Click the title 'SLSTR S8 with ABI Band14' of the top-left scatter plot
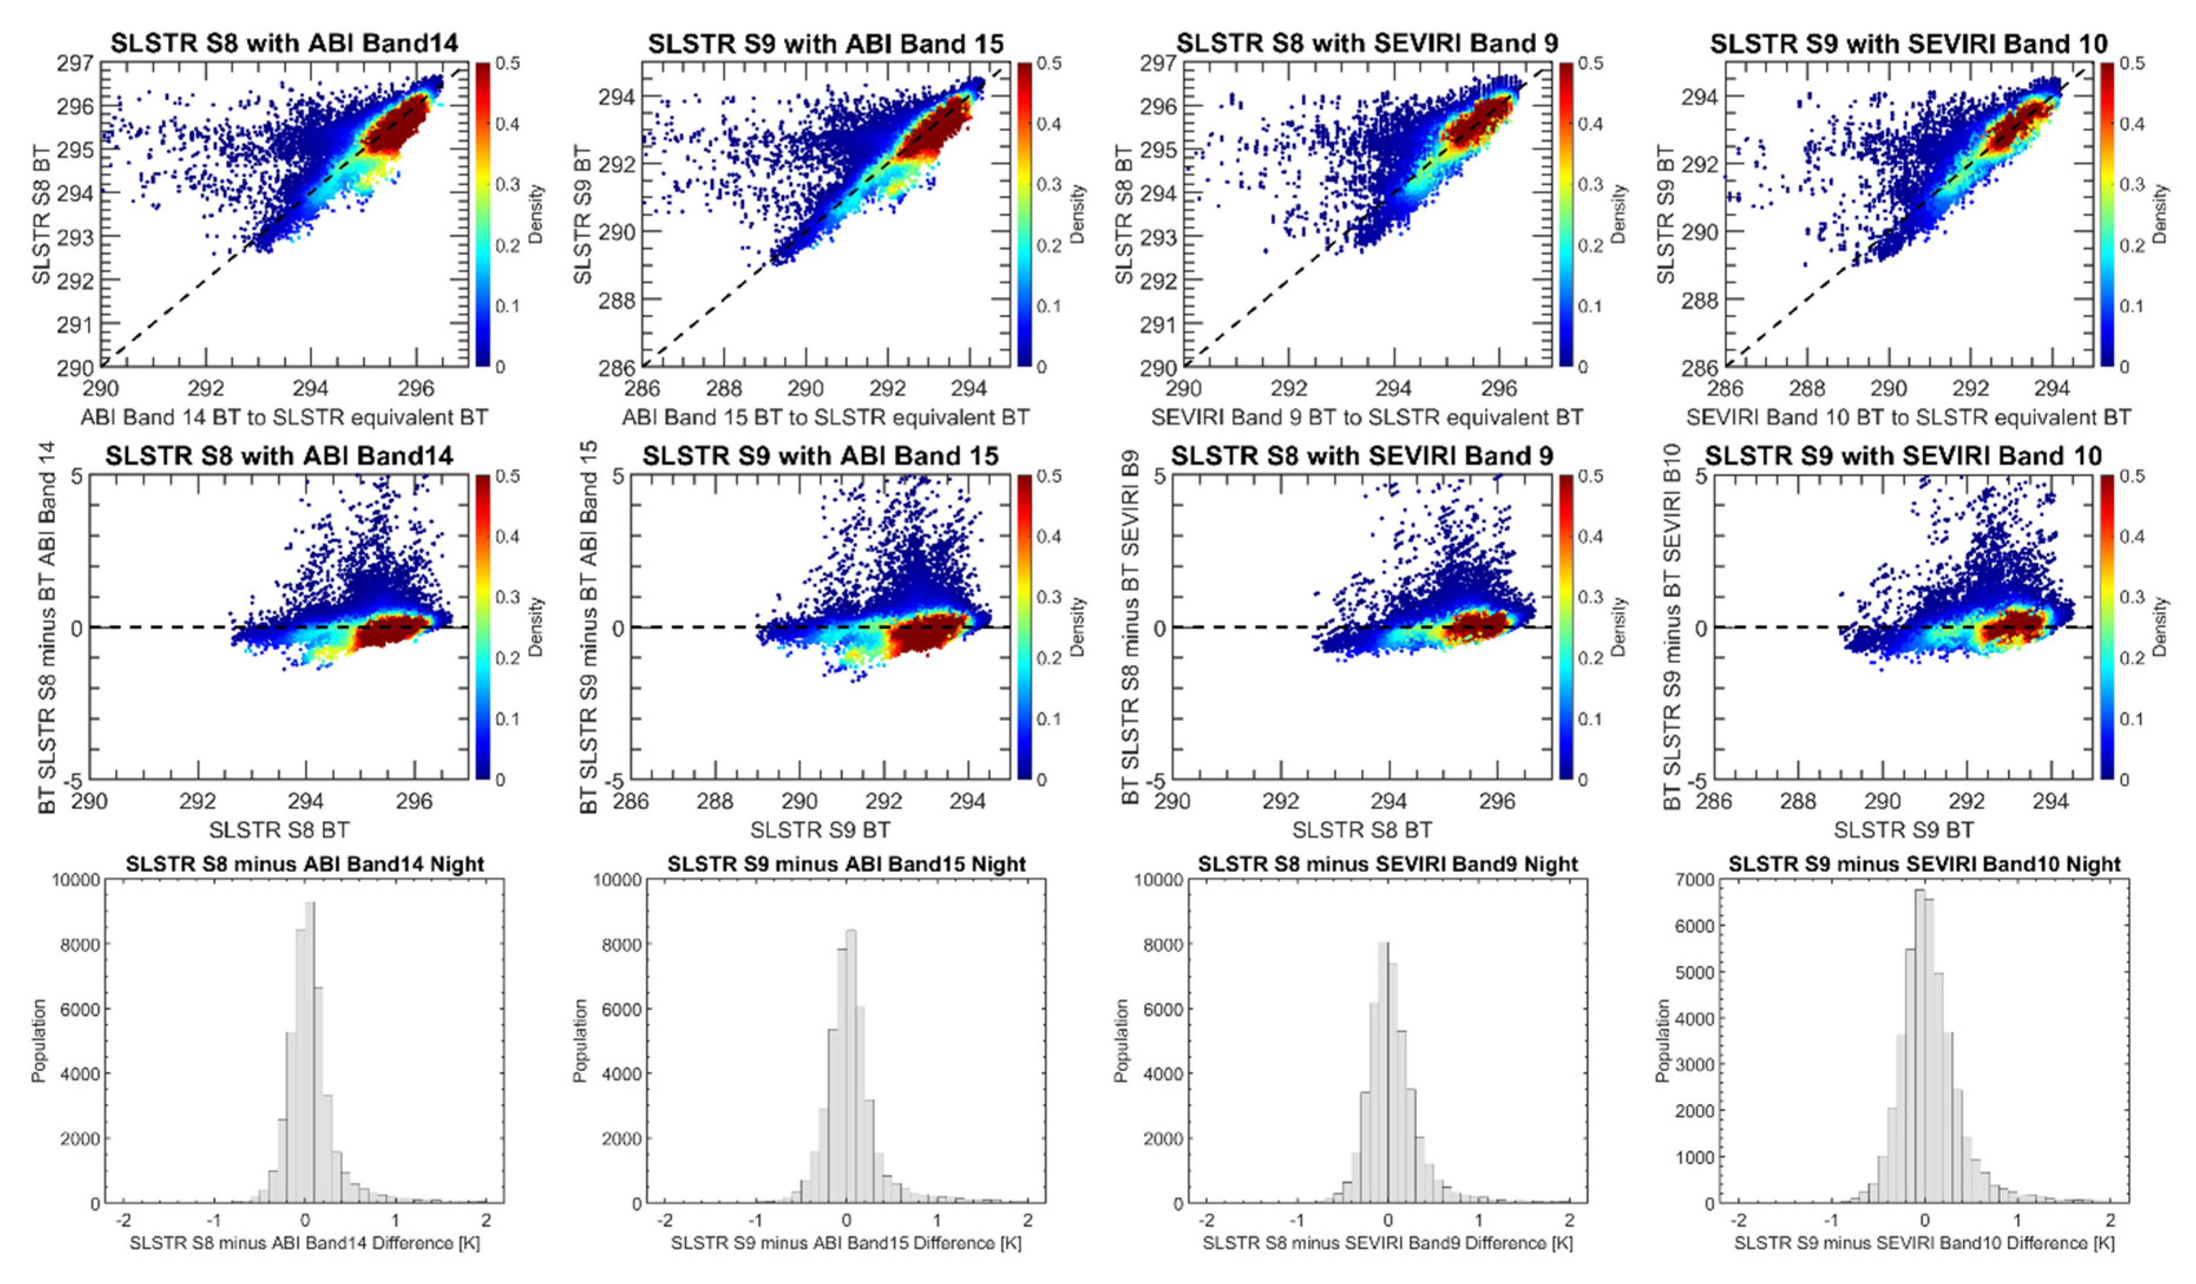click(x=284, y=42)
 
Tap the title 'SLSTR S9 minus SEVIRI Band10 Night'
click(x=1924, y=864)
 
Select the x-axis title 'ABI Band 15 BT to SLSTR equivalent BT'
click(x=825, y=417)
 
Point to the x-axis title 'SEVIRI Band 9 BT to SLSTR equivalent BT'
click(x=1367, y=417)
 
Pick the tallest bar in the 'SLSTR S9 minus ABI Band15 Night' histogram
click(x=851, y=1066)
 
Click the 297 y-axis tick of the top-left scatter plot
click(x=76, y=64)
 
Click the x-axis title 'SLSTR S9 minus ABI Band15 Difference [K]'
click(x=845, y=1242)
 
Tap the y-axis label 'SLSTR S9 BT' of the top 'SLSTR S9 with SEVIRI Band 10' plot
click(x=1665, y=214)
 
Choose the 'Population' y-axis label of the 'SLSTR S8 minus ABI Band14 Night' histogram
click(x=38, y=1041)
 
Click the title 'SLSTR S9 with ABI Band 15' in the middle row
click(x=820, y=455)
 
